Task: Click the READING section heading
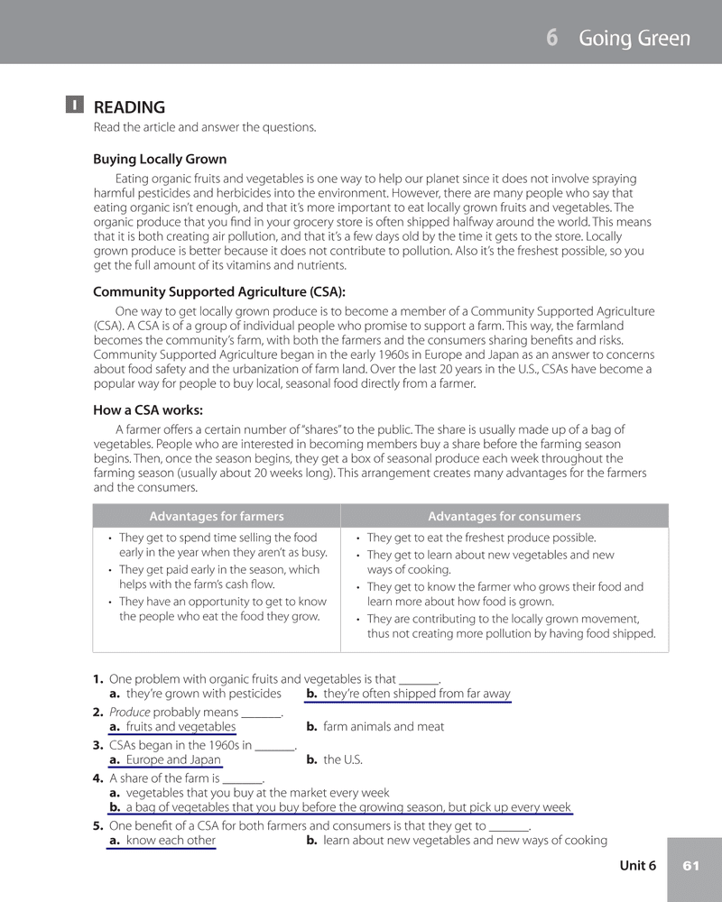coord(129,107)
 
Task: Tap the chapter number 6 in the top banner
coord(551,38)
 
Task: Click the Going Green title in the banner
coord(634,38)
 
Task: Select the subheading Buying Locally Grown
coord(160,160)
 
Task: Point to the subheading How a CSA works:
coord(148,410)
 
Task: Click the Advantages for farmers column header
coord(217,516)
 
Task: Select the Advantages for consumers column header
coord(504,516)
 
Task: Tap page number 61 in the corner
coord(691,866)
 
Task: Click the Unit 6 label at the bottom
coord(637,866)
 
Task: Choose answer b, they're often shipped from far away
coord(408,694)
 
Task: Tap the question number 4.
coord(97,778)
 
